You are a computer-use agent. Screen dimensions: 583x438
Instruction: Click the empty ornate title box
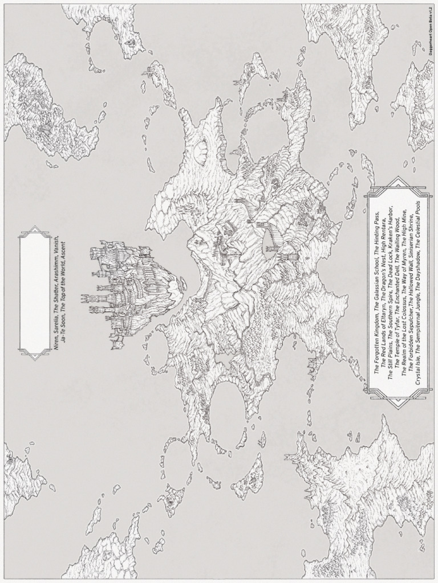coord(35,293)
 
